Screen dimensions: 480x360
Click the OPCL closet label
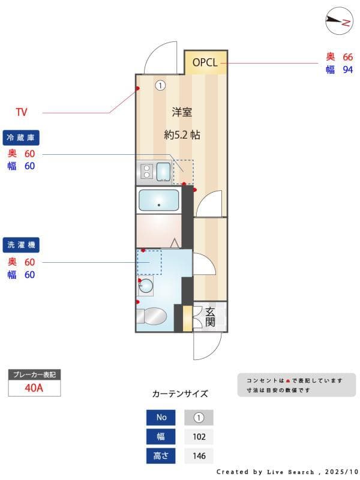point(206,62)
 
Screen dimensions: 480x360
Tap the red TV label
point(22,112)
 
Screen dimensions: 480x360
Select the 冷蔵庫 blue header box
point(21,137)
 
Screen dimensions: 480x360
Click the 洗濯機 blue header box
point(21,245)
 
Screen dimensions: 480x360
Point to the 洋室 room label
point(182,112)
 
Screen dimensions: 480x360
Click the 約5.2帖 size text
point(182,135)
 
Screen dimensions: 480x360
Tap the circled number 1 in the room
point(160,85)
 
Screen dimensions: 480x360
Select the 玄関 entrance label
point(210,316)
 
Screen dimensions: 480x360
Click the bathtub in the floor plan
point(158,200)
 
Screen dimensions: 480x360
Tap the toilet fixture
point(153,316)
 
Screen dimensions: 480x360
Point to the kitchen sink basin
point(164,172)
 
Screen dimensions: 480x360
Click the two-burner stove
point(146,172)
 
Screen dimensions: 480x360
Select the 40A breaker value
point(34,388)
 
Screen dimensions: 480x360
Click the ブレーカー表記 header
point(34,374)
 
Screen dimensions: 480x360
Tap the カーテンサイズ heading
point(180,394)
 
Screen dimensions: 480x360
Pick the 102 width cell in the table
point(199,437)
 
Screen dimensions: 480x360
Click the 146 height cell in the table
point(199,456)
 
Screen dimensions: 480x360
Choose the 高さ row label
point(161,456)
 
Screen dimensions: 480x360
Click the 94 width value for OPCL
point(347,70)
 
